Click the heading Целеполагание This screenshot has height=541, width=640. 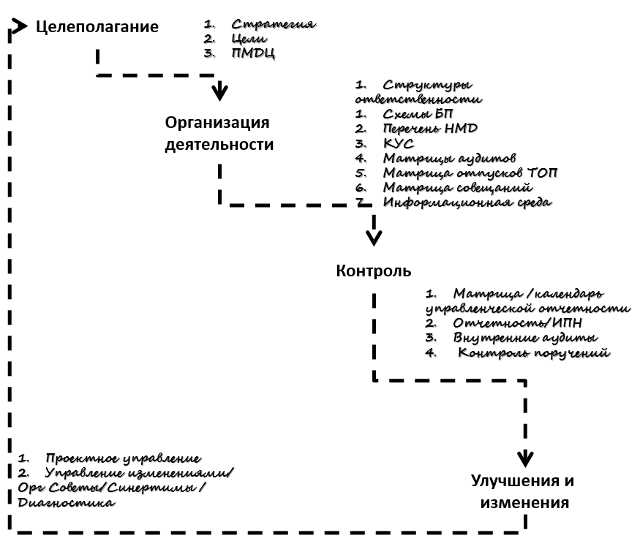97,28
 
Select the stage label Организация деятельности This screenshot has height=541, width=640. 219,132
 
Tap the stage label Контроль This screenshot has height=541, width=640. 374,271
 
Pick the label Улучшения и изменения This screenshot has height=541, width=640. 522,492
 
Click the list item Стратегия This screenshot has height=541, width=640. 272,24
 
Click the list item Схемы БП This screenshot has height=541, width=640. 418,114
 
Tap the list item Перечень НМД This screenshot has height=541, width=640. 430,129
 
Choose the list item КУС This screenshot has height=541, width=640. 399,143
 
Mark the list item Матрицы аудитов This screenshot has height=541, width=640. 450,158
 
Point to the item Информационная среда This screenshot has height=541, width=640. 467,202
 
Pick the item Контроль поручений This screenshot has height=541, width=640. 534,353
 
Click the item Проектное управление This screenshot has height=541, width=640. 122,458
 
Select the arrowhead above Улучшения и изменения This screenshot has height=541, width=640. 524,459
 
